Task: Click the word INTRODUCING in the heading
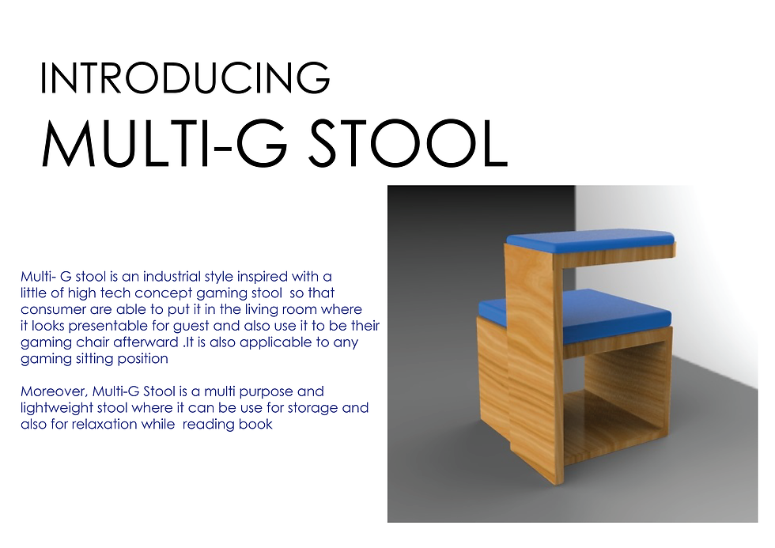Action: click(184, 78)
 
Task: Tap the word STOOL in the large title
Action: click(403, 143)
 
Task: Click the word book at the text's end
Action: click(258, 425)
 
